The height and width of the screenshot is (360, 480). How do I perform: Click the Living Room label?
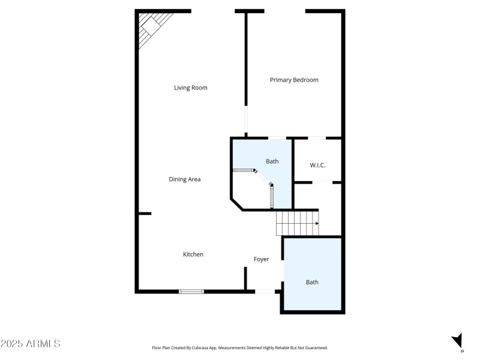pyautogui.click(x=191, y=88)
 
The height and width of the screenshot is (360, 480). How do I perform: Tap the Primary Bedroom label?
pyautogui.click(x=294, y=80)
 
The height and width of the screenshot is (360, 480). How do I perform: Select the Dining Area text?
pyautogui.click(x=185, y=179)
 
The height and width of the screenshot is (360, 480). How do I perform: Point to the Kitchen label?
pyautogui.click(x=193, y=254)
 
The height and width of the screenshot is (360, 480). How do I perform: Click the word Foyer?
pyautogui.click(x=261, y=259)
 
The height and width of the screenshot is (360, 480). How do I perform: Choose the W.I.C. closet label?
pyautogui.click(x=317, y=165)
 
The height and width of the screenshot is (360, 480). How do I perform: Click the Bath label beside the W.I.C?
pyautogui.click(x=272, y=161)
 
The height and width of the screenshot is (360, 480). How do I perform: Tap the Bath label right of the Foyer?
pyautogui.click(x=312, y=282)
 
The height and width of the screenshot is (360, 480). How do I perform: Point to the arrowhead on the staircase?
pyautogui.click(x=316, y=224)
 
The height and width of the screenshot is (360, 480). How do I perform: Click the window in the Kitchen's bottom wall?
pyautogui.click(x=191, y=292)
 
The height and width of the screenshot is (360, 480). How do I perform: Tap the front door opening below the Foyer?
pyautogui.click(x=265, y=292)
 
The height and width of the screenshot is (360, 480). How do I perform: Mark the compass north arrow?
pyautogui.click(x=458, y=340)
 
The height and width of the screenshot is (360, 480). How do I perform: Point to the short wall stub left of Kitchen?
pyautogui.click(x=144, y=213)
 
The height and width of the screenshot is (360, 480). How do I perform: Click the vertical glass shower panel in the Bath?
pyautogui.click(x=272, y=196)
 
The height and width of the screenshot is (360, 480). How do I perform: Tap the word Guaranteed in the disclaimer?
pyautogui.click(x=314, y=347)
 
